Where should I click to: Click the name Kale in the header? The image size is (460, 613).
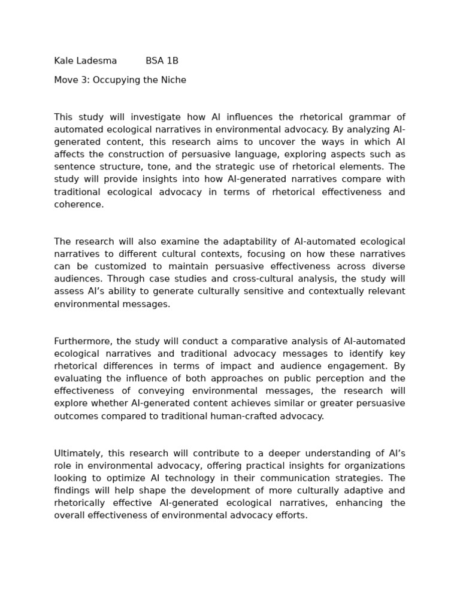[64, 61]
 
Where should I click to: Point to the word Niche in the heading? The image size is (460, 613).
[173, 80]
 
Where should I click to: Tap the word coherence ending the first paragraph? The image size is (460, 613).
[78, 204]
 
